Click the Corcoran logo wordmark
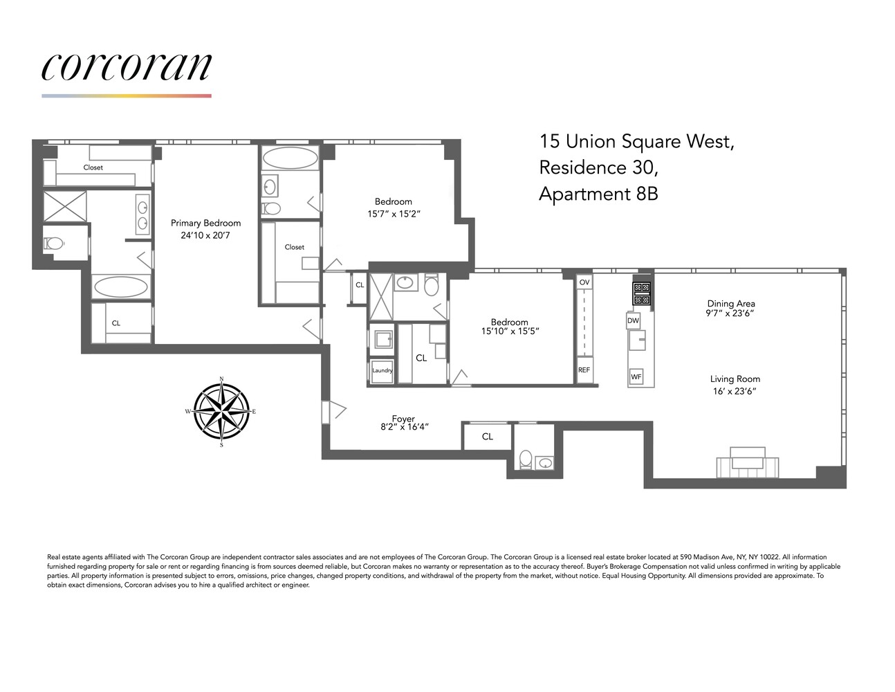click(126, 66)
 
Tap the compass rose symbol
click(221, 412)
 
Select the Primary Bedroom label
click(205, 223)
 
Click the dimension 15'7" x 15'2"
click(394, 214)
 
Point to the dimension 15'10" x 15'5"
click(509, 331)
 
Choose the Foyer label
click(403, 419)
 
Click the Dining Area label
click(730, 303)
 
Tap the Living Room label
click(735, 379)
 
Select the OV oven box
click(584, 282)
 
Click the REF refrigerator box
click(584, 370)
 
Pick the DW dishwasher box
click(633, 320)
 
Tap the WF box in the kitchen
click(636, 377)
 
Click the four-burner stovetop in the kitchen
click(642, 293)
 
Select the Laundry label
click(382, 370)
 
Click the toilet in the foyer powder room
click(526, 459)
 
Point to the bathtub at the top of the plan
click(290, 158)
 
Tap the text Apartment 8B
click(598, 194)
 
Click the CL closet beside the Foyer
click(488, 437)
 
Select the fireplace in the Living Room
click(748, 462)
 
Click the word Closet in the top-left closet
click(93, 167)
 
